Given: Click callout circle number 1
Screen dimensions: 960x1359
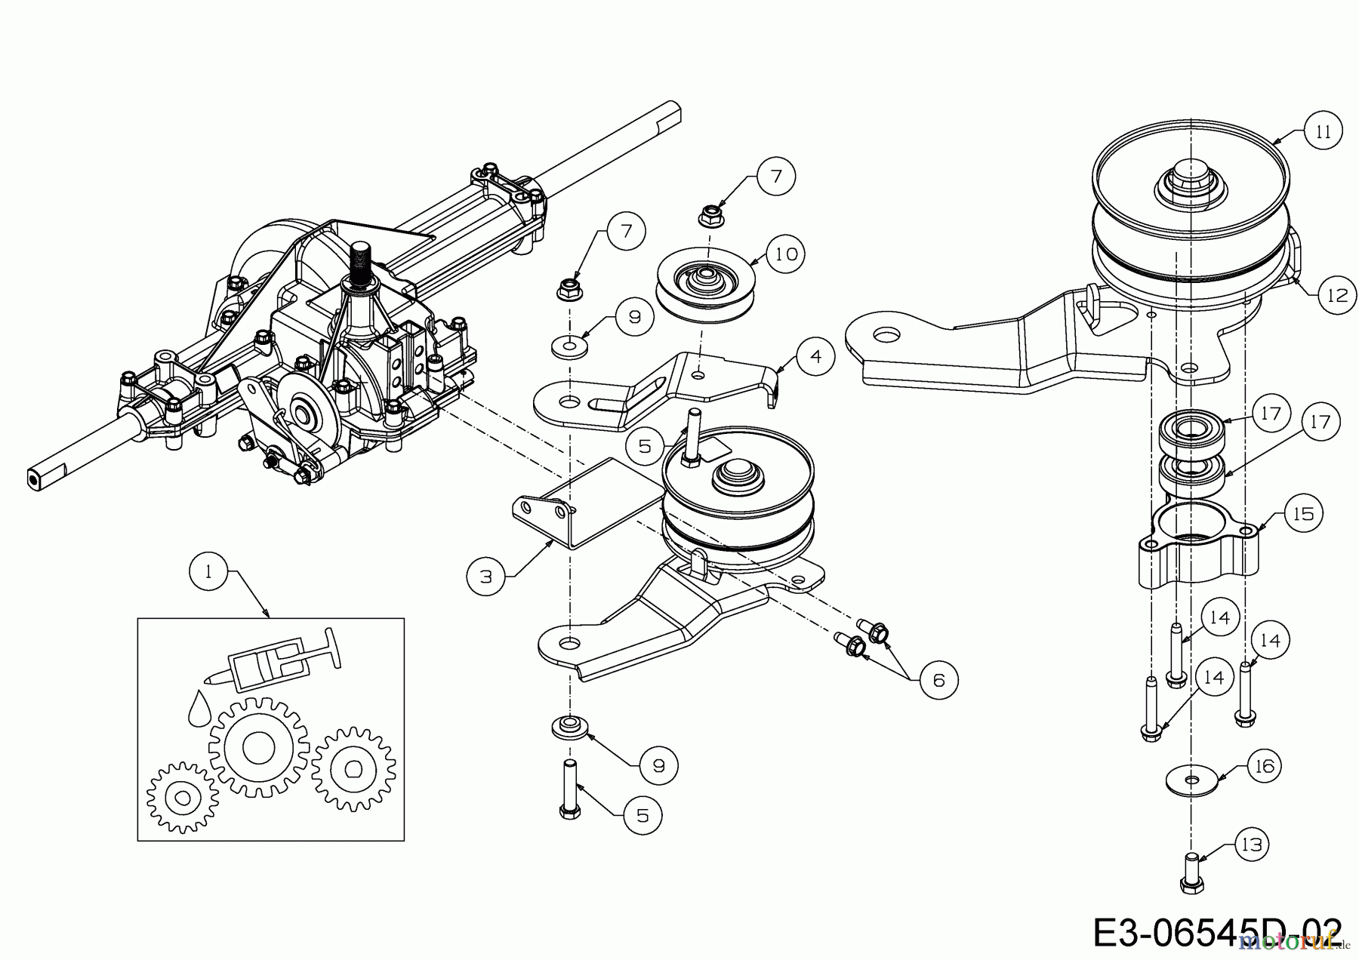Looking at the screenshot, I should point(208,571).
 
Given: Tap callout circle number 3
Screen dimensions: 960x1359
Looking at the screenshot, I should point(486,577).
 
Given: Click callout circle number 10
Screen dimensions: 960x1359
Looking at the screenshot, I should point(786,254).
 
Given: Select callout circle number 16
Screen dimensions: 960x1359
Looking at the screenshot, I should point(1265,767).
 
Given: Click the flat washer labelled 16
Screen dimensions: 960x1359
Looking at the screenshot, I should point(1191,778).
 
